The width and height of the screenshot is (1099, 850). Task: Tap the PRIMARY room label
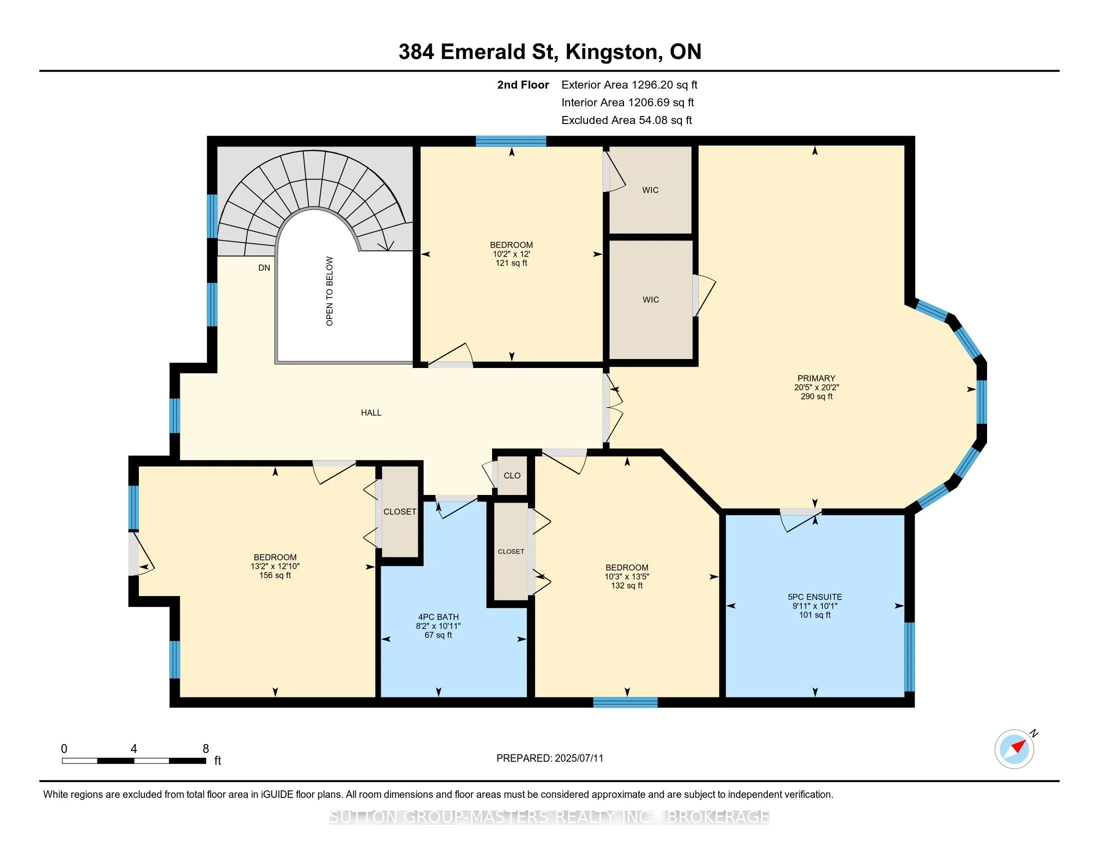coord(816,378)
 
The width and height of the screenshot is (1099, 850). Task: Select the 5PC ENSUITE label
coord(815,596)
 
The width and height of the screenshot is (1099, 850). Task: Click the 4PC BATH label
coord(438,617)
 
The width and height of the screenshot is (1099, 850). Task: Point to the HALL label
coord(371,413)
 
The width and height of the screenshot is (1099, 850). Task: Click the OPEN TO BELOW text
coord(330,291)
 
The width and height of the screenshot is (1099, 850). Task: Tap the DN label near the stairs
coord(264,268)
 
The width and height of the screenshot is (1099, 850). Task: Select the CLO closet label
coord(512,475)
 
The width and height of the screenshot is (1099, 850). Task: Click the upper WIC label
coord(650,190)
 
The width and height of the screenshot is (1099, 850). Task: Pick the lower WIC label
coord(650,299)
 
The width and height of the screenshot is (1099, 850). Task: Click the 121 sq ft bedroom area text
coord(511,263)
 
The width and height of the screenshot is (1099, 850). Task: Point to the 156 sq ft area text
coord(275,575)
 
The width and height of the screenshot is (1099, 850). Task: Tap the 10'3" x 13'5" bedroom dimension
coord(626,576)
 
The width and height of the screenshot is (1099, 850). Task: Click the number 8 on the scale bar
coord(205,749)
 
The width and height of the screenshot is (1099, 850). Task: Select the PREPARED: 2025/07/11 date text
coord(549,758)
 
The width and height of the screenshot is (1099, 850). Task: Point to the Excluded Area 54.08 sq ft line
coord(626,120)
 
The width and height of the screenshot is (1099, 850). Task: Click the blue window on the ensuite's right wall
coord(909,656)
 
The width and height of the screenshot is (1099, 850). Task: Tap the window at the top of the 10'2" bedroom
coord(511,141)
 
